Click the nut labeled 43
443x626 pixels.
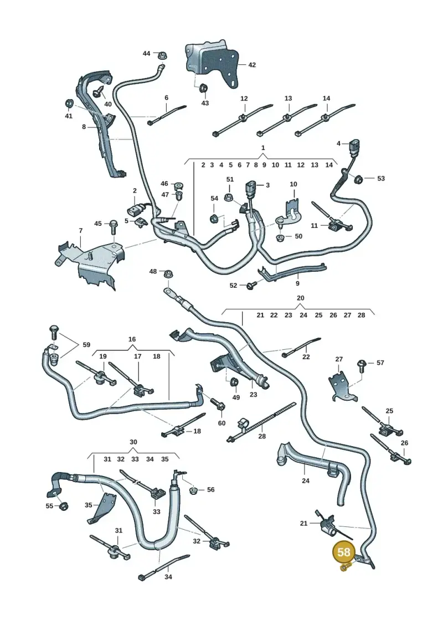(203, 87)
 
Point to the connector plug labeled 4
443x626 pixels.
(354, 146)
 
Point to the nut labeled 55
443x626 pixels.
(63, 506)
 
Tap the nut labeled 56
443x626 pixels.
(193, 489)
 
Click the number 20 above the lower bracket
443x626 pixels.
(300, 298)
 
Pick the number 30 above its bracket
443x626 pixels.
(133, 442)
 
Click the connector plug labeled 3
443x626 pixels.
(250, 188)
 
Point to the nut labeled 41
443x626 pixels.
(69, 104)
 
